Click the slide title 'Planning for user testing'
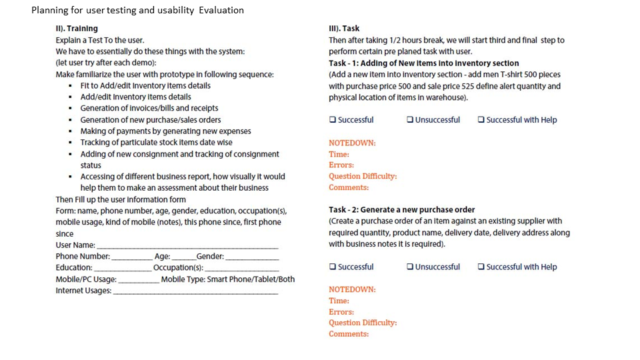[137, 10]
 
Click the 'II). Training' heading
[77, 29]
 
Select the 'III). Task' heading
[344, 29]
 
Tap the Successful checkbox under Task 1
[332, 120]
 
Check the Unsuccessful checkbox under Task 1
[410, 120]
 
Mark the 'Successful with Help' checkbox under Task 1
[481, 120]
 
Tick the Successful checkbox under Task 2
[332, 267]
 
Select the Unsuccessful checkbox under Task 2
[410, 267]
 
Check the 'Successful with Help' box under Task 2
[481, 267]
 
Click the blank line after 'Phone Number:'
[132, 257]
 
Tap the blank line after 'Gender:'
[251, 257]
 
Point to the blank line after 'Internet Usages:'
[195, 291]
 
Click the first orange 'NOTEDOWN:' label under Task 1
[352, 143]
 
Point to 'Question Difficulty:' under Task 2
[363, 323]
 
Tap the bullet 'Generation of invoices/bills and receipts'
[149, 108]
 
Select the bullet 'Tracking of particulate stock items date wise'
[156, 142]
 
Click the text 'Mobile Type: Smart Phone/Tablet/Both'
[228, 279]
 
